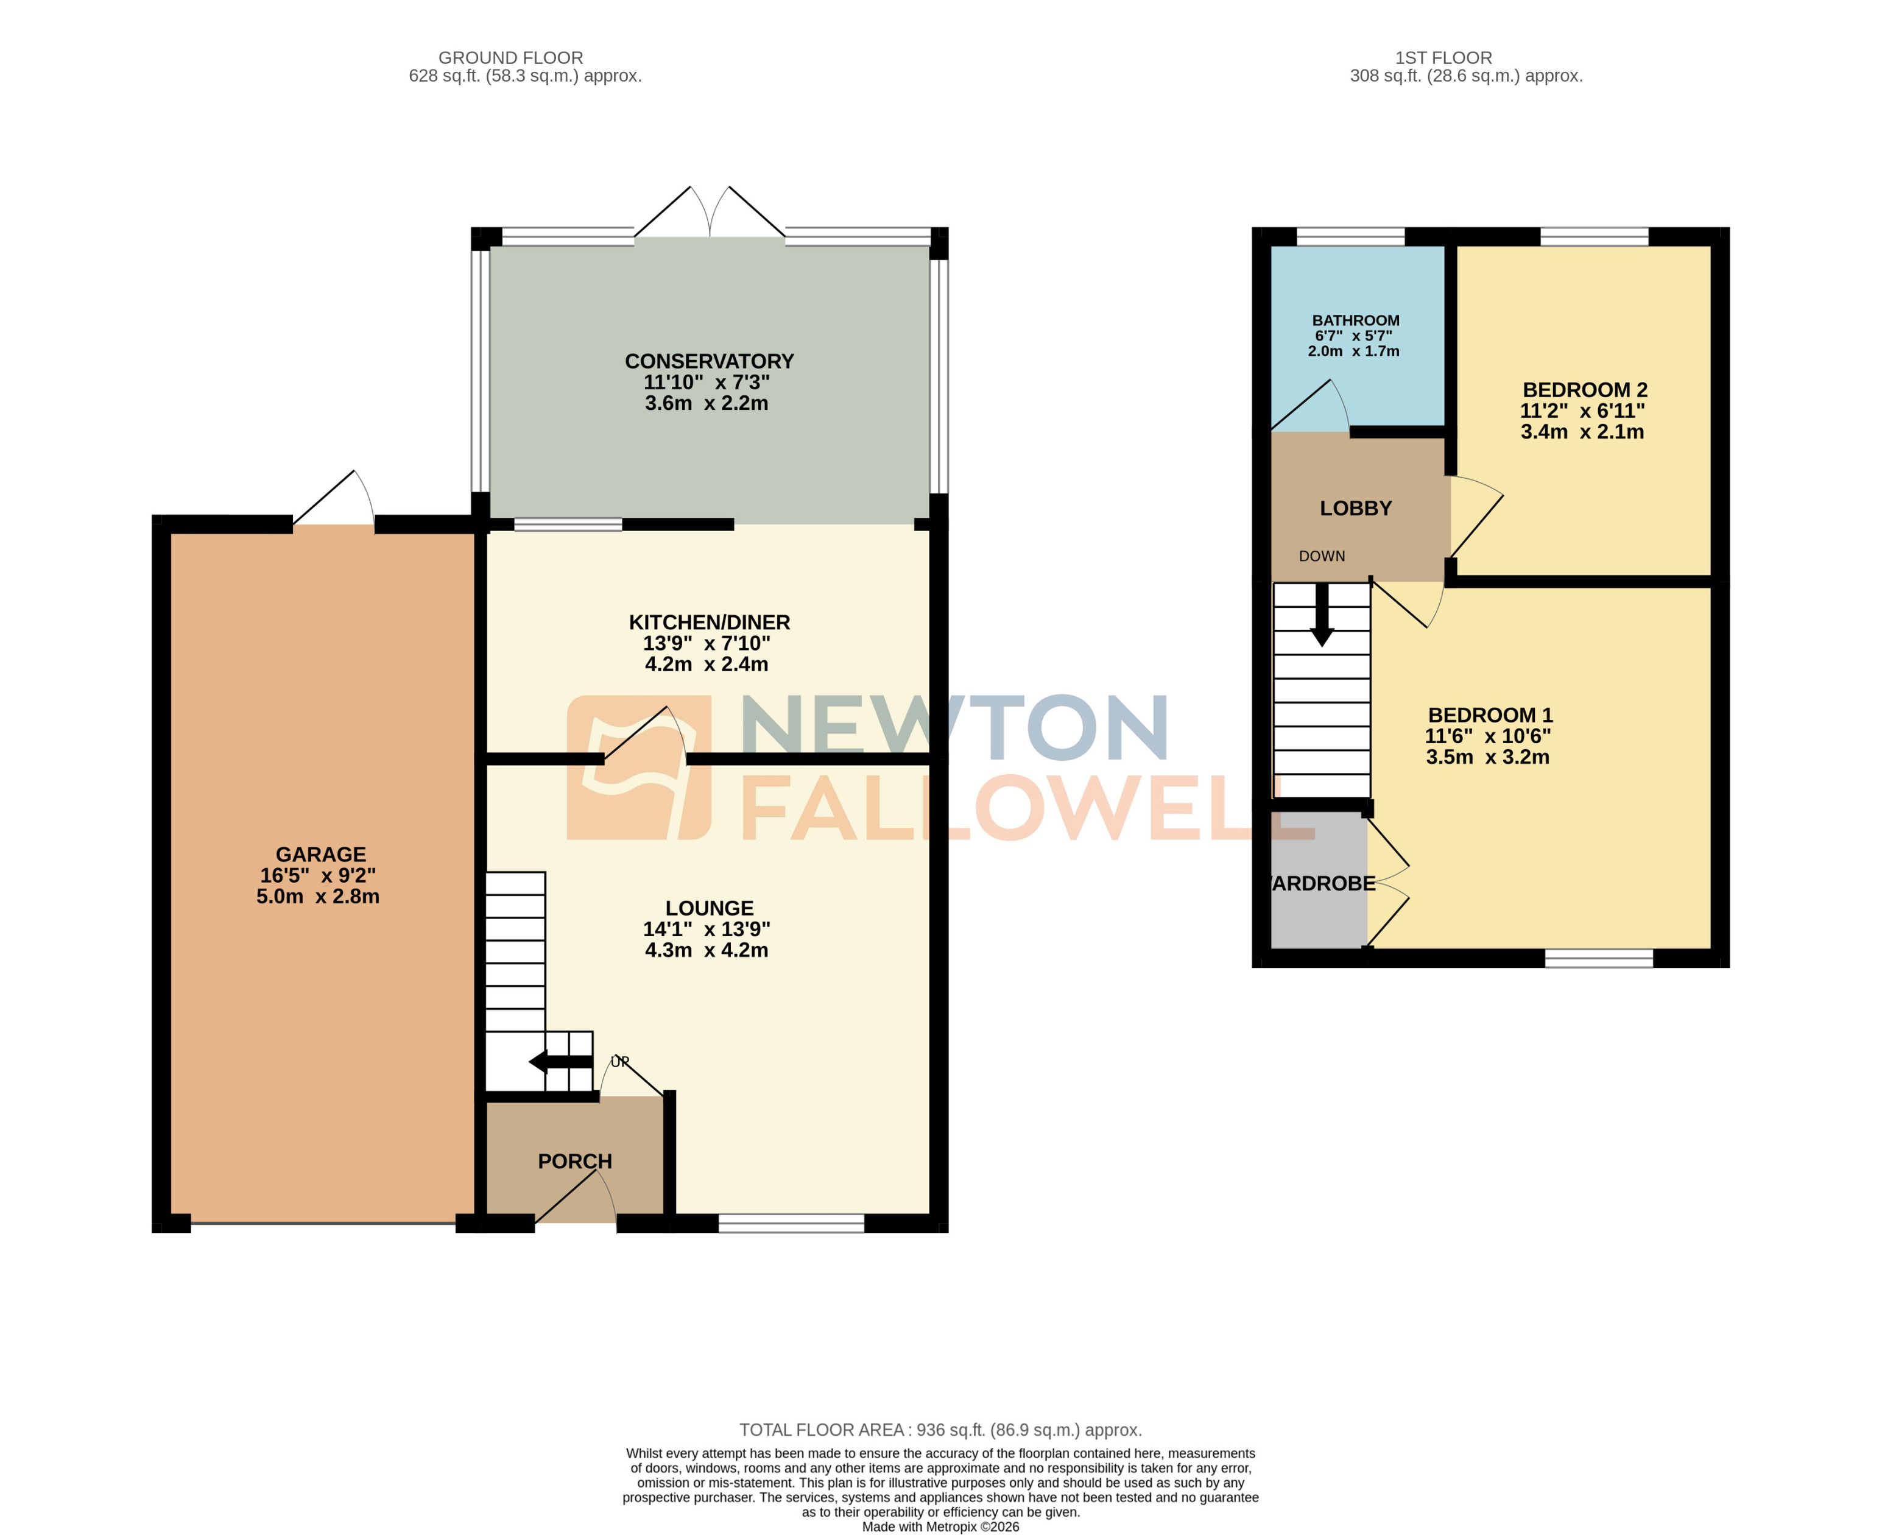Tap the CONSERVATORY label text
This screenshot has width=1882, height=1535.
tap(709, 361)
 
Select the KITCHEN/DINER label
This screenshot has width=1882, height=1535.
tap(709, 621)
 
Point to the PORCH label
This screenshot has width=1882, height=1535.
tap(574, 1161)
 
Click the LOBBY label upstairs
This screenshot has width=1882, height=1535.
tap(1355, 509)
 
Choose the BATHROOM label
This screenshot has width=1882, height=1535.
tap(1355, 320)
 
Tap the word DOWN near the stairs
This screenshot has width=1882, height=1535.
tap(1322, 556)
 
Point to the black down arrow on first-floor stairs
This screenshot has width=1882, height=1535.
tap(1322, 617)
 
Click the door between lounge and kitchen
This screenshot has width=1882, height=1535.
tap(646, 736)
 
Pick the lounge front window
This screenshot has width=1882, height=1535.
tap(791, 1223)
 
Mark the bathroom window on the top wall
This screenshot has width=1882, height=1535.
tap(1350, 236)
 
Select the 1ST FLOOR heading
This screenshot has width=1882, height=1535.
tap(1443, 57)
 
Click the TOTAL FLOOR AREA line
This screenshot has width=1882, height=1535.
tap(940, 1430)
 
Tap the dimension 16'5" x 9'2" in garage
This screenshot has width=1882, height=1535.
tap(317, 875)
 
